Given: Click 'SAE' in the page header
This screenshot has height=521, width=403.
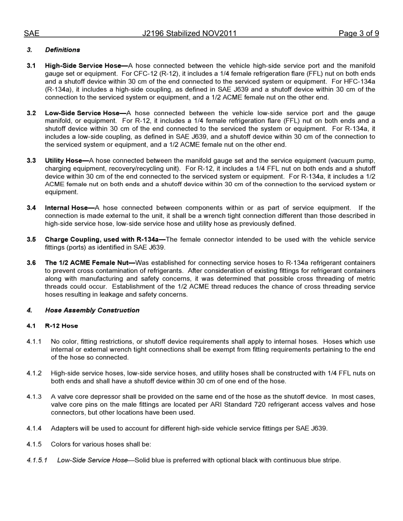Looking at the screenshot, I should point(31,33).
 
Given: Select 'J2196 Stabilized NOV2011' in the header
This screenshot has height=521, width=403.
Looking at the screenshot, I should point(189,33).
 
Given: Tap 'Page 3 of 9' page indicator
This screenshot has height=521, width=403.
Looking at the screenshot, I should point(358,33).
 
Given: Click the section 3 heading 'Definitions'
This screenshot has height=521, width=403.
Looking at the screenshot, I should point(62,50).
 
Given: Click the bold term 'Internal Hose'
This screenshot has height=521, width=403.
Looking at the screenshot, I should point(66,208).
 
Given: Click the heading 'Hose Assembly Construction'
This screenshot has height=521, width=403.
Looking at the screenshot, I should point(92,310).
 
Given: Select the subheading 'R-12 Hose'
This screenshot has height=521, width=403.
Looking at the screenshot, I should point(62,326).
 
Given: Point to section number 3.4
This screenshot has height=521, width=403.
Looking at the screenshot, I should point(31,208).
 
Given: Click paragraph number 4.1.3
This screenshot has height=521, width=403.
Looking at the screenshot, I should point(34,397).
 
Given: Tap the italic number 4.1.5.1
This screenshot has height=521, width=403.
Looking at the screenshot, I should point(37,460).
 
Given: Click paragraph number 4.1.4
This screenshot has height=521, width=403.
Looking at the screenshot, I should point(34,428).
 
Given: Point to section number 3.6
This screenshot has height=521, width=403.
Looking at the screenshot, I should point(31,263).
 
